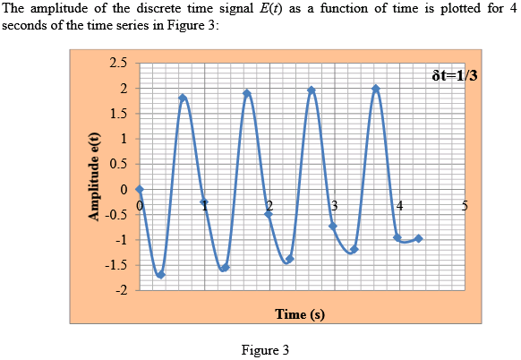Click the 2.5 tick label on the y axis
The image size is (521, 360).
click(118, 64)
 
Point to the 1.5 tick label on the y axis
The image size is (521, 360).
click(118, 114)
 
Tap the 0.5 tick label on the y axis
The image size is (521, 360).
click(118, 165)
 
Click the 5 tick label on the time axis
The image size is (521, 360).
click(465, 206)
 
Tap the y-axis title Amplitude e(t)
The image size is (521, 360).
click(92, 177)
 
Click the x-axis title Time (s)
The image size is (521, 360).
click(299, 314)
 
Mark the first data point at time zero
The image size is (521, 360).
click(140, 190)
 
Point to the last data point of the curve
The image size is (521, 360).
click(418, 238)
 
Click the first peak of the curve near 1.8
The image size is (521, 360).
click(183, 98)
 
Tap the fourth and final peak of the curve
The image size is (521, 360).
click(376, 88)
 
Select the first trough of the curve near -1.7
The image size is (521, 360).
click(160, 275)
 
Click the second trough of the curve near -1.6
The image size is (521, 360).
click(225, 268)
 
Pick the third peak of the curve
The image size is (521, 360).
click(312, 89)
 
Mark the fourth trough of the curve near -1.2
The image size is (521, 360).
click(354, 251)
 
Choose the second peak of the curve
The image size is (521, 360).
click(247, 93)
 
